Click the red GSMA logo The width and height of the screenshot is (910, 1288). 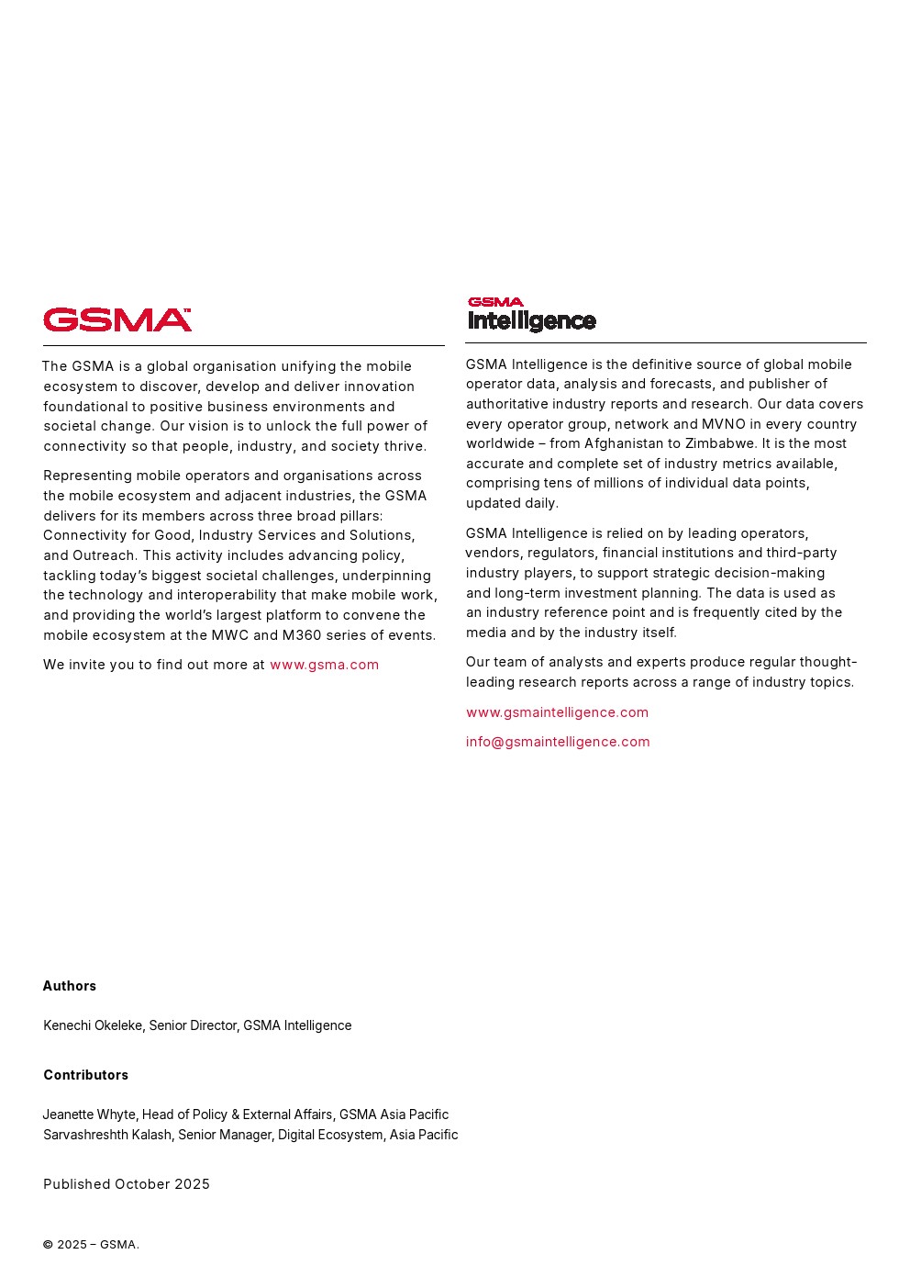tap(117, 319)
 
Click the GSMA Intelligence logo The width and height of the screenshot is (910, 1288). tap(531, 314)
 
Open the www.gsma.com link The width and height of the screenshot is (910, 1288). tap(324, 665)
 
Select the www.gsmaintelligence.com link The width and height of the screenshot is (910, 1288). tap(557, 712)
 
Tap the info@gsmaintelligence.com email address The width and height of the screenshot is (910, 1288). tap(558, 742)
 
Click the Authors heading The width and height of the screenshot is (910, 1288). tap(70, 986)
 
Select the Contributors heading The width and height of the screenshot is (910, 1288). tap(85, 1075)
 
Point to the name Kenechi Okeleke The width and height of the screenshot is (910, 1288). tap(93, 1025)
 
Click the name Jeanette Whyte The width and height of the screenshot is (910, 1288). tap(89, 1114)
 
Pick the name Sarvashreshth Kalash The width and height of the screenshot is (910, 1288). tap(107, 1135)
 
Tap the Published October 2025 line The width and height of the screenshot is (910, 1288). tap(127, 1184)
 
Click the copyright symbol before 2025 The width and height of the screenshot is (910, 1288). tap(48, 1245)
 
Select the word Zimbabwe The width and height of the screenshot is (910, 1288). tap(720, 443)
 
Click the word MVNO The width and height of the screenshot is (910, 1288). tap(724, 424)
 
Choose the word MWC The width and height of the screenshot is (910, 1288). tap(229, 635)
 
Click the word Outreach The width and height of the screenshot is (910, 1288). tap(103, 555)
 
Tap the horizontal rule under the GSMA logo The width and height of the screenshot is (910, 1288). tap(243, 346)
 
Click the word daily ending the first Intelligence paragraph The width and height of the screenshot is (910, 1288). tap(541, 503)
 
